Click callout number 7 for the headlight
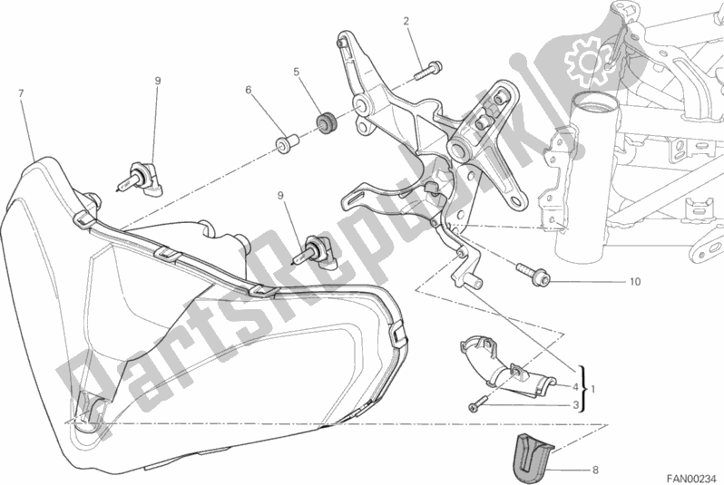(20, 93)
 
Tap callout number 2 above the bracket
(406, 21)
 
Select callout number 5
(296, 72)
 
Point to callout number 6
(247, 90)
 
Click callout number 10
(634, 282)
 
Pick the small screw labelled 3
(476, 410)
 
